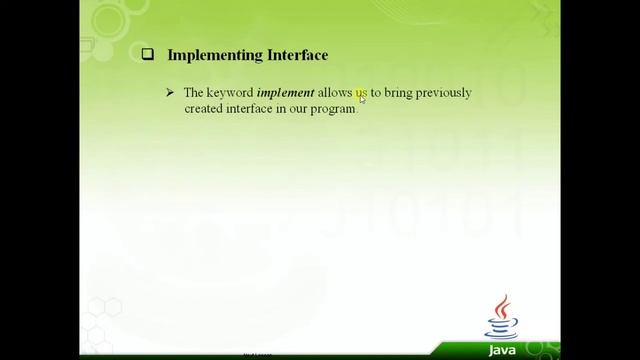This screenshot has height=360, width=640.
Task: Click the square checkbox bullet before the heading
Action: (x=145, y=57)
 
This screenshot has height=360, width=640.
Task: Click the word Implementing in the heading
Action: (x=211, y=57)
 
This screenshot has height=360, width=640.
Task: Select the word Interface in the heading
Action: (x=293, y=57)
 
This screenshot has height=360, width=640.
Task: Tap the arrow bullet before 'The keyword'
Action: (x=169, y=93)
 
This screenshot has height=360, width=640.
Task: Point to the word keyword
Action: (x=232, y=93)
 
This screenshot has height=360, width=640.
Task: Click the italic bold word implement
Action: (x=286, y=93)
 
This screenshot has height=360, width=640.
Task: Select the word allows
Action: (x=335, y=93)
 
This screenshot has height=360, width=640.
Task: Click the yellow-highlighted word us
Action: (x=361, y=93)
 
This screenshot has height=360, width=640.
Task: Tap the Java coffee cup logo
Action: (x=501, y=321)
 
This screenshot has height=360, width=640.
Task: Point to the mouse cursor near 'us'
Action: (x=363, y=99)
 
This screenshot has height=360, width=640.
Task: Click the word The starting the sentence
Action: (x=194, y=93)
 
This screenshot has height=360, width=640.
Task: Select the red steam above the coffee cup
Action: (x=503, y=305)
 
